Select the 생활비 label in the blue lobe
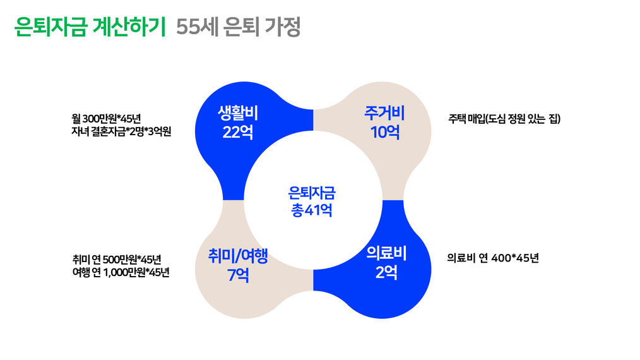(x=238, y=114)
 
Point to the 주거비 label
(x=384, y=114)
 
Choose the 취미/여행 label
(x=239, y=256)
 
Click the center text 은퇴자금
(x=312, y=192)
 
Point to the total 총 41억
(x=312, y=210)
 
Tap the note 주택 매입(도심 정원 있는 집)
(x=504, y=118)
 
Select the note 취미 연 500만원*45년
(x=117, y=259)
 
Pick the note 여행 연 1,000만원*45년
(x=121, y=272)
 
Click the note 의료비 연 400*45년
(x=492, y=258)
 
